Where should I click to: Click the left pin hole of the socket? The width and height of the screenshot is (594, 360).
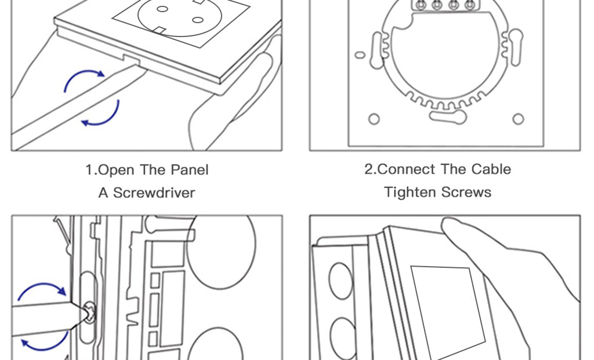click(162, 9)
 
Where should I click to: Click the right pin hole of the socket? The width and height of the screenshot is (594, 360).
click(198, 20)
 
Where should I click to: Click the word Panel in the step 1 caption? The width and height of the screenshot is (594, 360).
click(190, 170)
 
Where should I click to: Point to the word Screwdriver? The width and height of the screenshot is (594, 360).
click(154, 192)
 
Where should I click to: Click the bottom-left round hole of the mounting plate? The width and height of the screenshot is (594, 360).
click(374, 119)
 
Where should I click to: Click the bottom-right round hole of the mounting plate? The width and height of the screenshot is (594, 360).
click(518, 119)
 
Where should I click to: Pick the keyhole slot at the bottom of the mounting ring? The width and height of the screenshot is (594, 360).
click(448, 117)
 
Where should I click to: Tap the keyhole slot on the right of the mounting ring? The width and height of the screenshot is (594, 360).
click(515, 46)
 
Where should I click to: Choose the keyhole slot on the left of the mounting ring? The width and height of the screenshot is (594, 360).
click(377, 50)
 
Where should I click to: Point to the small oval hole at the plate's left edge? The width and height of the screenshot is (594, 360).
click(360, 55)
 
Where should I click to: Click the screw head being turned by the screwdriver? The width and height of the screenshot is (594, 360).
click(90, 312)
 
